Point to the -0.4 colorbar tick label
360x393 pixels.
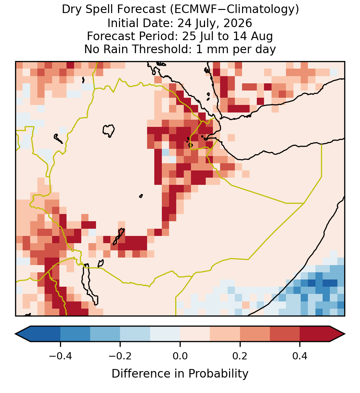pos(60,356)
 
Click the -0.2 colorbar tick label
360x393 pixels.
pos(120,356)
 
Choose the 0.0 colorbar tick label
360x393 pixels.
pos(180,356)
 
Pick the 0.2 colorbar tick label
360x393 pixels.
pos(240,356)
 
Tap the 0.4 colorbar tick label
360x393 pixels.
pos(300,356)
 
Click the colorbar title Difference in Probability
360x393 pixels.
pos(180,374)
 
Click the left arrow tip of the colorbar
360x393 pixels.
pos(15,334)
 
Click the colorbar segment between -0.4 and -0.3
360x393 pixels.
pos(75,334)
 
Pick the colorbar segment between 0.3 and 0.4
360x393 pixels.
pos(285,334)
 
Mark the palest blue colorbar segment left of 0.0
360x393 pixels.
pos(165,334)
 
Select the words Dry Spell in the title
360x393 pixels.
pos(88,10)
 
